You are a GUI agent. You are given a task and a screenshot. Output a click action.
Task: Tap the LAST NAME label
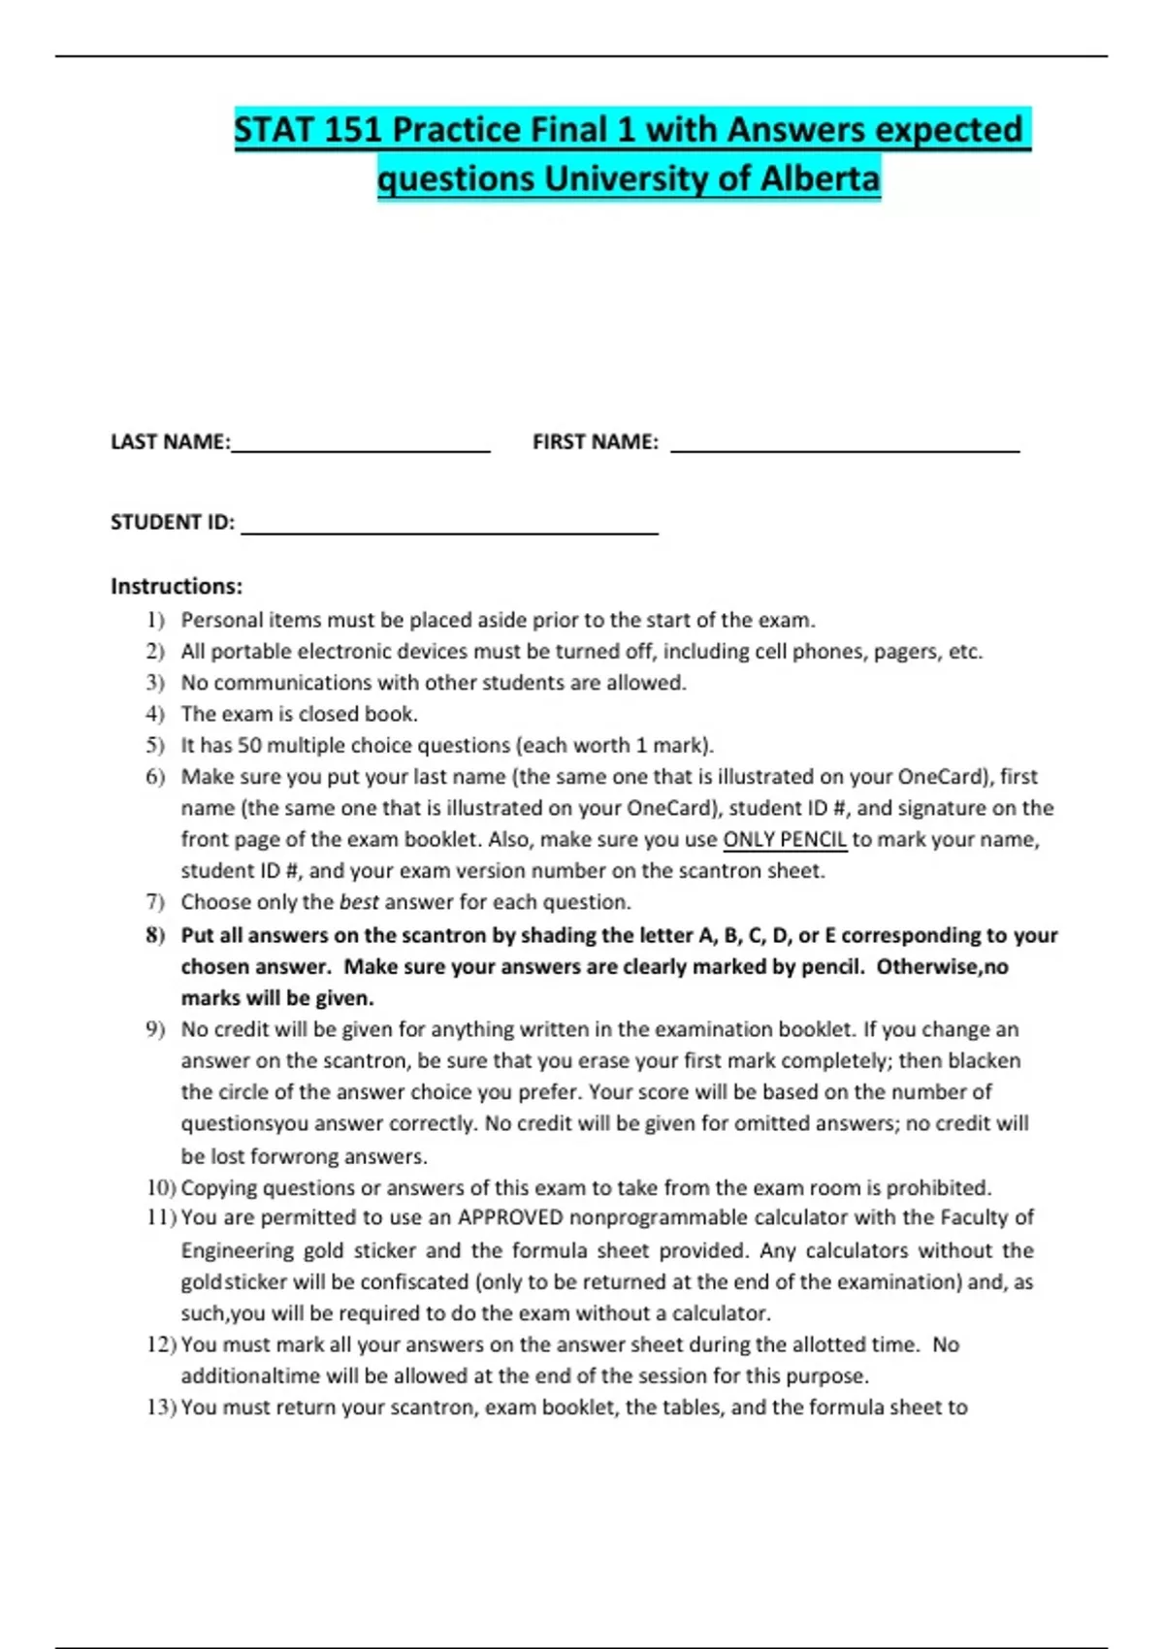[170, 442]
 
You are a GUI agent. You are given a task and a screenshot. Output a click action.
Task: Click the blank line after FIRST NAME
[844, 450]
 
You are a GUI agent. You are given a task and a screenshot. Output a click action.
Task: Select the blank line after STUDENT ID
[448, 532]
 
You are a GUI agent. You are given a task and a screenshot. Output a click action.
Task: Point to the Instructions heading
[176, 586]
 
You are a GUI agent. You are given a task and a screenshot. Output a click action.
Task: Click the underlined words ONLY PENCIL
[785, 840]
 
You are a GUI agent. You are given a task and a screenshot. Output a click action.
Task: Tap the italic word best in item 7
[358, 902]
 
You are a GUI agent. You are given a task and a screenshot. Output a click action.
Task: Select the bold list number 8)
[155, 936]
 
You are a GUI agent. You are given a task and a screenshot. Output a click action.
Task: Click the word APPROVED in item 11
[510, 1218]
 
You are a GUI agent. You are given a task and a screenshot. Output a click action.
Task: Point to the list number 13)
[160, 1407]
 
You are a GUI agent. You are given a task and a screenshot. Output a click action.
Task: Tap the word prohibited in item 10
[938, 1188]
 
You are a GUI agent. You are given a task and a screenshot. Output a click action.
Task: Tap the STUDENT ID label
[172, 523]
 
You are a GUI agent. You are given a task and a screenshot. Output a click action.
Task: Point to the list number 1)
[155, 620]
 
